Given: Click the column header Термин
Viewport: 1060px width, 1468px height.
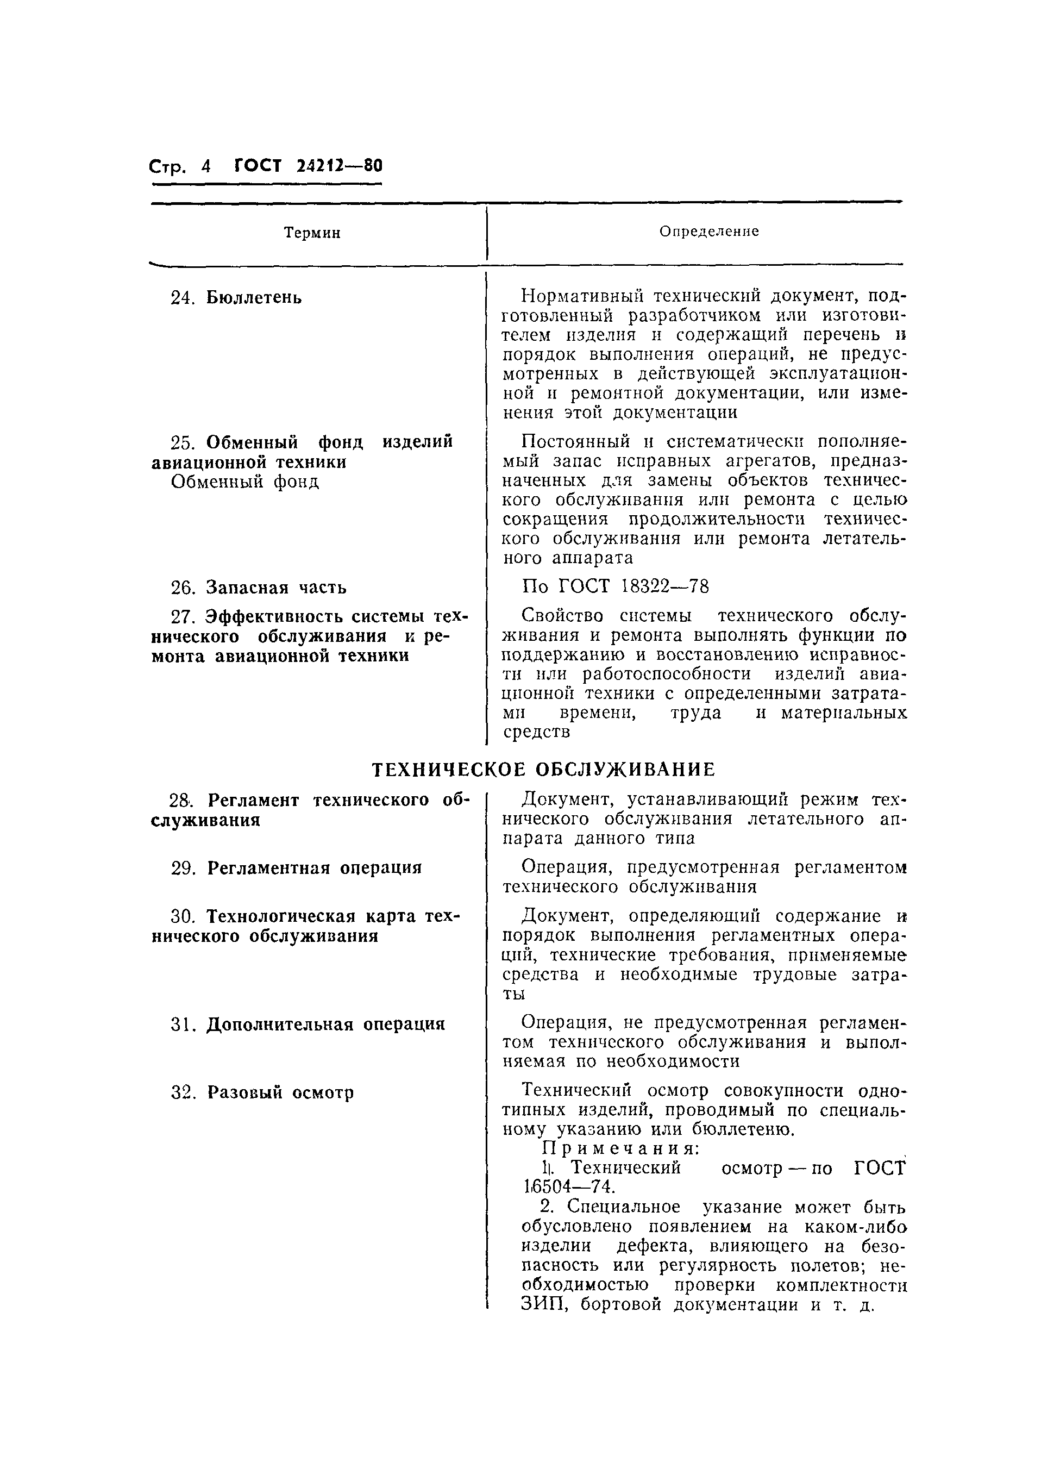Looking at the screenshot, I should (312, 233).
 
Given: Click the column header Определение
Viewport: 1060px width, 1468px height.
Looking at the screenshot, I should (708, 231).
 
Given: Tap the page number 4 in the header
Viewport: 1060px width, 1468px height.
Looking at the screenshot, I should (206, 166).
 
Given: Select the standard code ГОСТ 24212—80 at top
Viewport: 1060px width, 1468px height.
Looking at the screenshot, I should (308, 166).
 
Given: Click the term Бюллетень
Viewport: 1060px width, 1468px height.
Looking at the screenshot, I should (254, 298).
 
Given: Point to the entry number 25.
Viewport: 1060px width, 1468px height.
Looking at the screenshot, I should (183, 442).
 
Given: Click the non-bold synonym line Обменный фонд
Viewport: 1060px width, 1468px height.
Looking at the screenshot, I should (244, 482).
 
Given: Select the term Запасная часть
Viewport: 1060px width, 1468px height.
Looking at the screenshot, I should (277, 587).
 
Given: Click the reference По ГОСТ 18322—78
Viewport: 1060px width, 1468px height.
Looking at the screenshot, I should (615, 586).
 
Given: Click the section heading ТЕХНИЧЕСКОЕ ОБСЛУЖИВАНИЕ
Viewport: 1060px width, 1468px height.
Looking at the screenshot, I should (544, 769).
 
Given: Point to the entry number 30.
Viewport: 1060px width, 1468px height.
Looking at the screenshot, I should (183, 916).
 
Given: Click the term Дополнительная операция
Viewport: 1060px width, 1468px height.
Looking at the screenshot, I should (325, 1025).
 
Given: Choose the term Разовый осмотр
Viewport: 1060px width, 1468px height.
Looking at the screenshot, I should (280, 1092).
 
